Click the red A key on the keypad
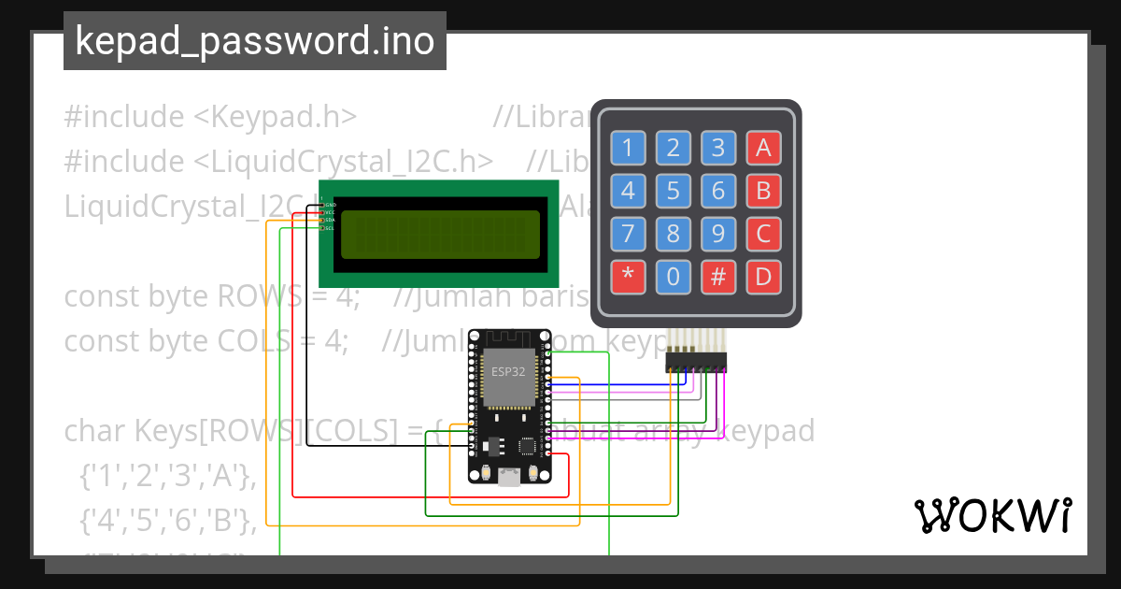point(763,148)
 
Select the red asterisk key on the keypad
point(628,277)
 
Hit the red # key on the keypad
point(718,277)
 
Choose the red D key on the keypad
point(763,277)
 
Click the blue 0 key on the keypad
point(673,277)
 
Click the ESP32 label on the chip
point(508,371)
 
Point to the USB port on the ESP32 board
point(509,478)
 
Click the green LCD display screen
point(440,234)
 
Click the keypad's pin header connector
point(696,360)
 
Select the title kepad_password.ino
point(254,42)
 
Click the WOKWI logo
point(992,515)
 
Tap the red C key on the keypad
point(763,234)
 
